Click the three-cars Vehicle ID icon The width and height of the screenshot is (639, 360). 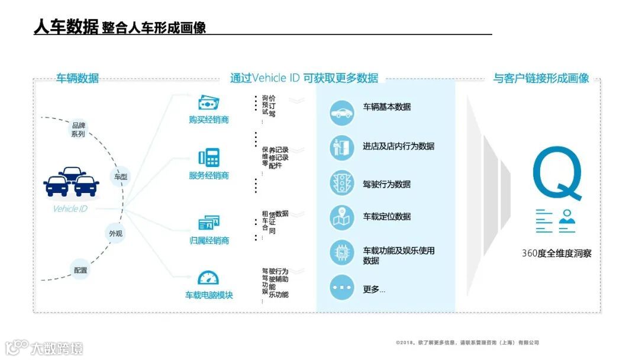tap(71, 181)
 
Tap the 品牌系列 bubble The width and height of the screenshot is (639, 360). tap(78, 129)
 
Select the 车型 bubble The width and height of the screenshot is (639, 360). tap(120, 177)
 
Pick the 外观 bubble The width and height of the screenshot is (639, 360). tap(115, 233)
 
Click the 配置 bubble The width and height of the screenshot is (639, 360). tap(81, 270)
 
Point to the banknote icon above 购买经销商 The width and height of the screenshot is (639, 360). tap(208, 103)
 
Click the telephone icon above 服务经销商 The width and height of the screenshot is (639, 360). tap(208, 157)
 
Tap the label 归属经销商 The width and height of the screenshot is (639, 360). tap(209, 240)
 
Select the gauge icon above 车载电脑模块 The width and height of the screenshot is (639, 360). tap(208, 278)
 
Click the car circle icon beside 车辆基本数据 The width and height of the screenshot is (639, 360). tap(342, 112)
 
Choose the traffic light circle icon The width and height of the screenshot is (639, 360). tap(342, 184)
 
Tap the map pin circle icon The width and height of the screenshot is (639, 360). tap(342, 217)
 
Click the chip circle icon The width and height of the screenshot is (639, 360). tap(342, 253)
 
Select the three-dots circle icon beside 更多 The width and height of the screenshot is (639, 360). tap(342, 288)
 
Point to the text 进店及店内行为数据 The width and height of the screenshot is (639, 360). tap(398, 146)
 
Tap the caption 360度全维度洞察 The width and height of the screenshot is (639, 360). tap(556, 253)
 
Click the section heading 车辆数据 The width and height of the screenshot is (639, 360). tap(78, 78)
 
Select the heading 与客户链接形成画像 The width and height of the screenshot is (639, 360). tap(541, 78)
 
